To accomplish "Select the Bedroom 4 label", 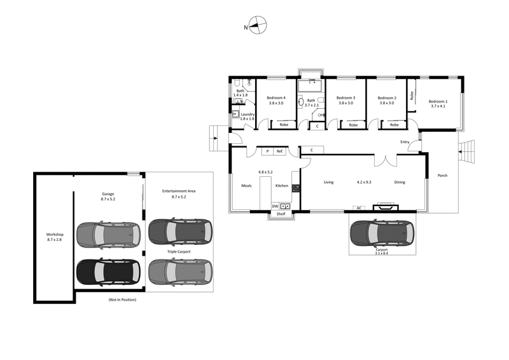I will (276, 100).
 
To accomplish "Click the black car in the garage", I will (107, 272).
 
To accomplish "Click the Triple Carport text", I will (178, 252).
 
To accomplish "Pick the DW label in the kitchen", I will (275, 206).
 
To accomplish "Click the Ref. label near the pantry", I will (279, 151).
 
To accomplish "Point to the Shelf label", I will (281, 214).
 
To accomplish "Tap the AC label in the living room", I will (359, 207).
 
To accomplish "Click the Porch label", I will (442, 176).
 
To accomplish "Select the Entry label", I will (405, 142).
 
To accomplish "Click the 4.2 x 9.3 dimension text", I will (364, 183).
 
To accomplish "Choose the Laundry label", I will (248, 116).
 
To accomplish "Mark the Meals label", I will (247, 186).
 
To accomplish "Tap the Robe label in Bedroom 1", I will (412, 96).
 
